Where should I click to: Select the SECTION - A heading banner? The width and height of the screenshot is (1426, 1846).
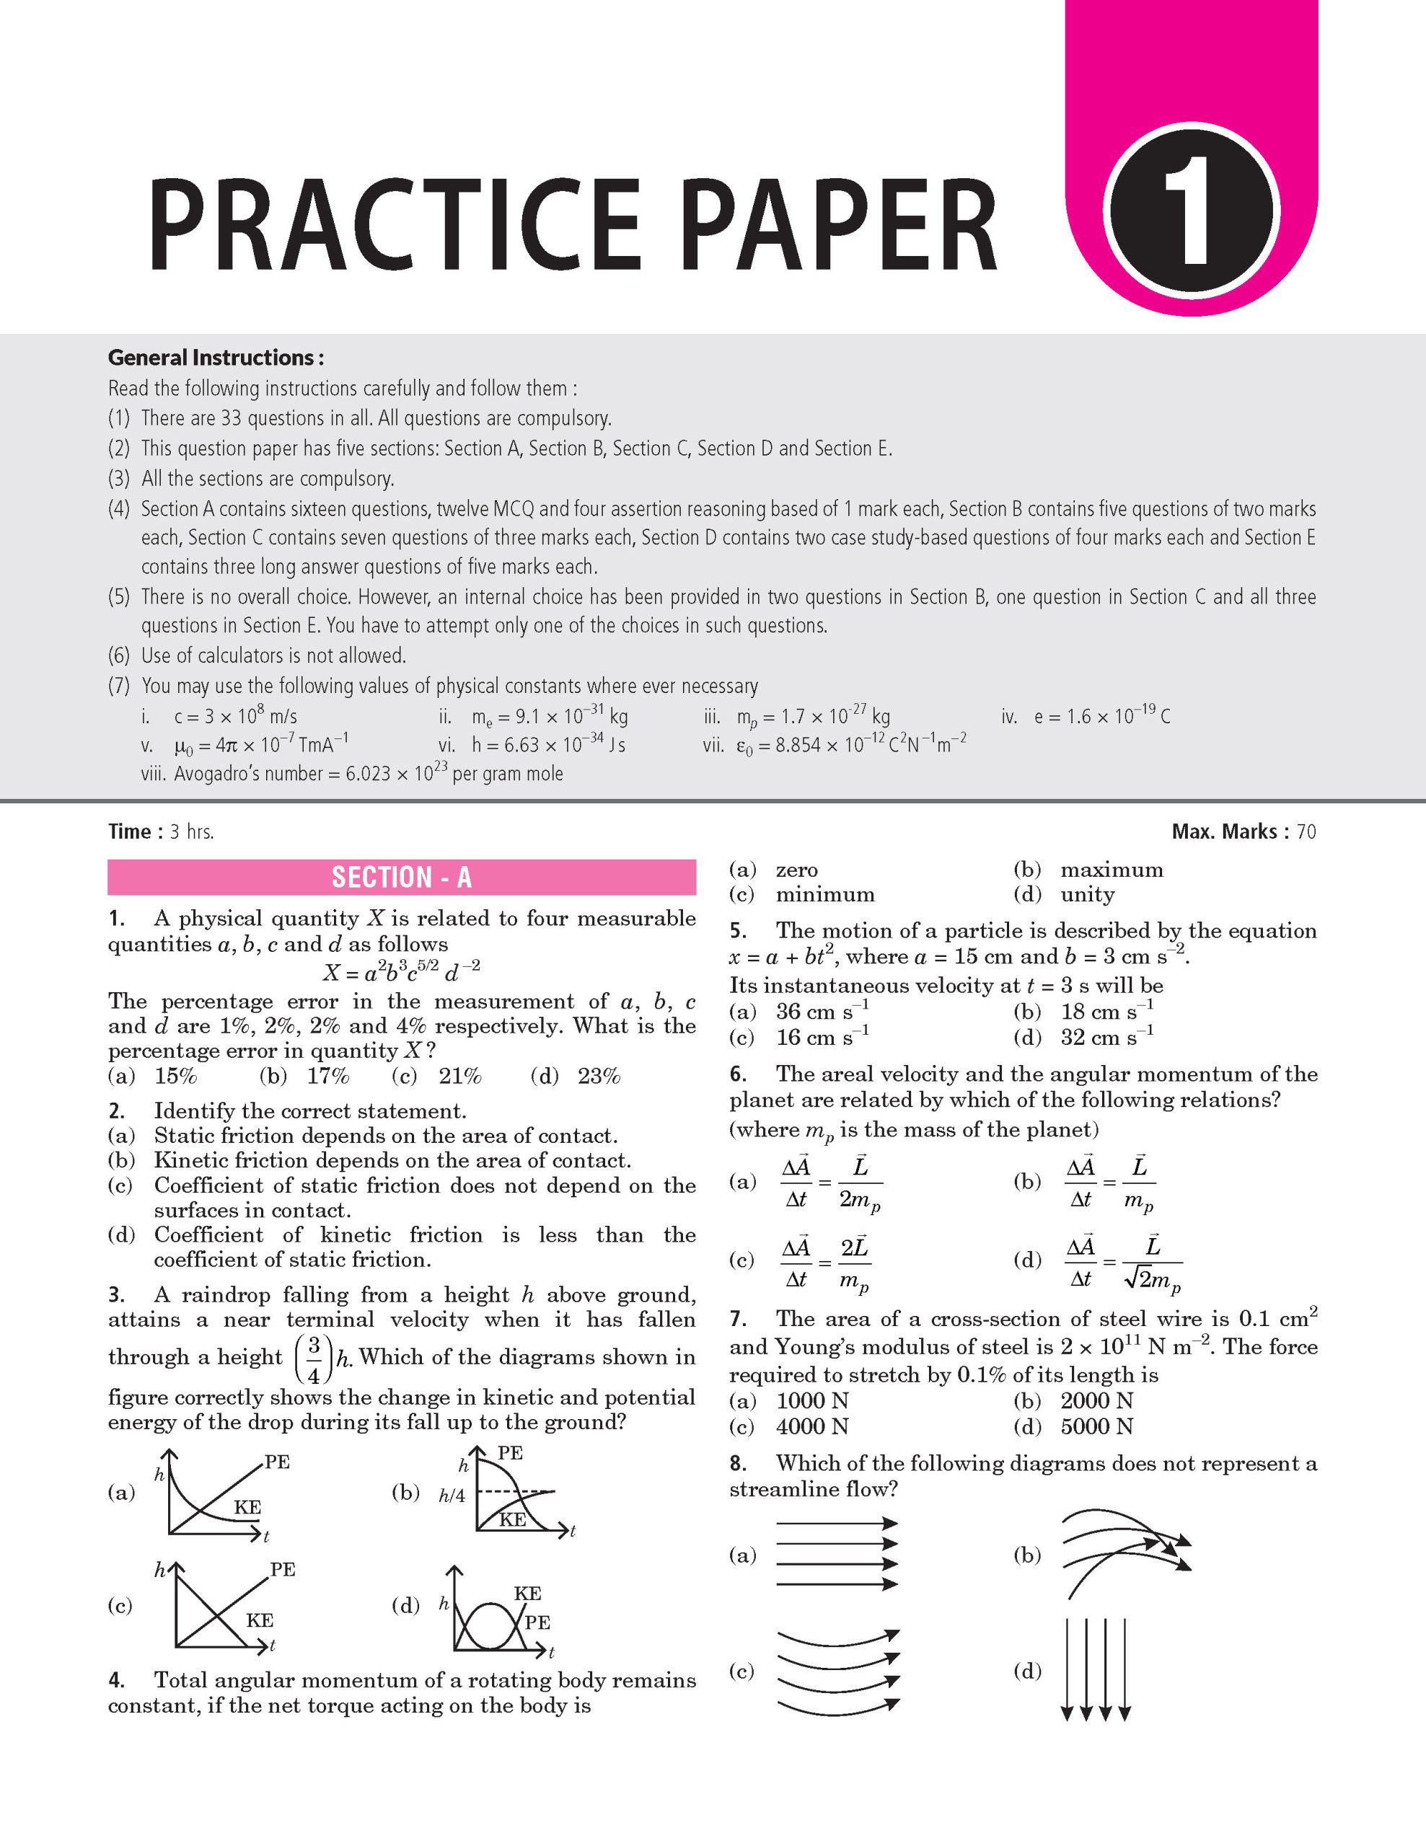[x=402, y=878]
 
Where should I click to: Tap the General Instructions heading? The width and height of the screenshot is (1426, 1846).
[x=216, y=358]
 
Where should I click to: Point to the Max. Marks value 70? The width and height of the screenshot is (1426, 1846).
[x=1306, y=831]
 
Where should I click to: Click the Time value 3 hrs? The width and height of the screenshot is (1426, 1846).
[x=192, y=831]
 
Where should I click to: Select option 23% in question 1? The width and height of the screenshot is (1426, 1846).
[x=599, y=1076]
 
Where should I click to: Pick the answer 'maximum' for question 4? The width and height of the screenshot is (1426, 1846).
[x=1112, y=870]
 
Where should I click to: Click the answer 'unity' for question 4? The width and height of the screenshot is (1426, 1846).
[x=1087, y=894]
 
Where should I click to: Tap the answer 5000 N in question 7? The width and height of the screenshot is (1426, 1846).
[x=1096, y=1427]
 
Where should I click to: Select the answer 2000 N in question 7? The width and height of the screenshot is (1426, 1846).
[x=1096, y=1401]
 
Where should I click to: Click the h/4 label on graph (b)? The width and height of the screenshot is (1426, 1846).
[x=452, y=1496]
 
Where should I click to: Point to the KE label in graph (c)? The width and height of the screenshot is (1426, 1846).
[x=260, y=1620]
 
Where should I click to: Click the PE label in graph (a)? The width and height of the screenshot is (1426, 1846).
[x=277, y=1462]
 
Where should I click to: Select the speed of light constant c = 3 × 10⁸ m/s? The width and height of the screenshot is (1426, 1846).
[x=235, y=717]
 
